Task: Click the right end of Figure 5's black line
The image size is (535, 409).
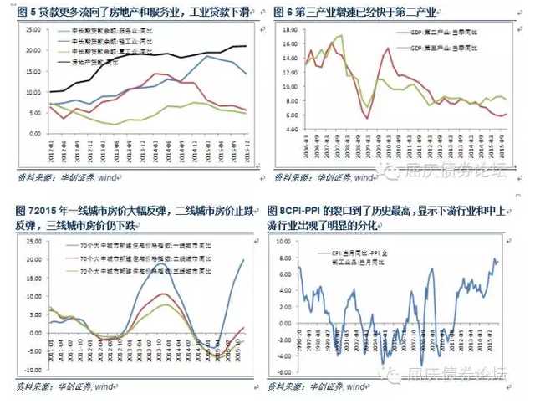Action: click(245, 46)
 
